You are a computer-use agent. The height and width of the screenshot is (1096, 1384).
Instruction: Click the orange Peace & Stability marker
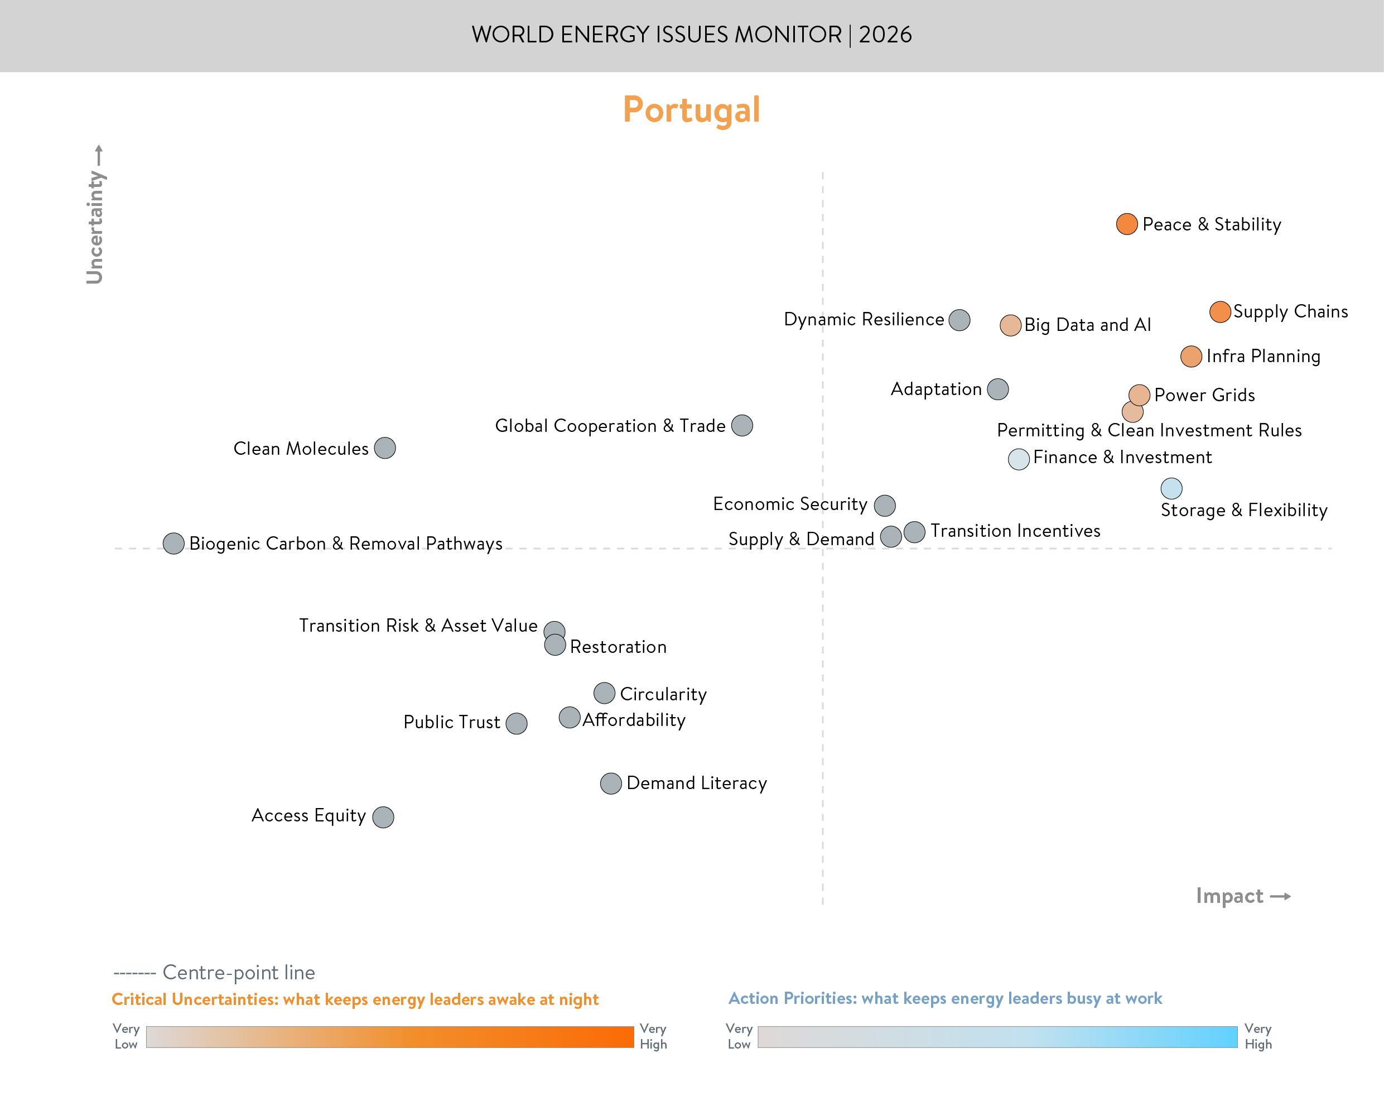point(1126,224)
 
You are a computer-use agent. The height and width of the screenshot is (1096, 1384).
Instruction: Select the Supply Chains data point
point(1220,312)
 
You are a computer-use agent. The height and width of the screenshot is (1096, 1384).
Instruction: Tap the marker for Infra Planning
point(1191,356)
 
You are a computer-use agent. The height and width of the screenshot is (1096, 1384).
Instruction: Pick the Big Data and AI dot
point(1010,325)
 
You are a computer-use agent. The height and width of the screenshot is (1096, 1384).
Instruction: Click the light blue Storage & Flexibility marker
point(1171,488)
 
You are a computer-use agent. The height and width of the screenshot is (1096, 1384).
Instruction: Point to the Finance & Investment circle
point(1019,459)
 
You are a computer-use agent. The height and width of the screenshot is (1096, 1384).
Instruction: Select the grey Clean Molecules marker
point(385,448)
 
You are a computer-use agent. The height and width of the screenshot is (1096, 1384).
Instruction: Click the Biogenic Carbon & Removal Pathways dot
point(173,544)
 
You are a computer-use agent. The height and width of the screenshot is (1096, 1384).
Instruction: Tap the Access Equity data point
point(383,817)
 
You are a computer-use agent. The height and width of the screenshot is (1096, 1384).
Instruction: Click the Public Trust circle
point(516,723)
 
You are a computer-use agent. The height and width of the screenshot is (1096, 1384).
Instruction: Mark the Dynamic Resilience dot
point(959,320)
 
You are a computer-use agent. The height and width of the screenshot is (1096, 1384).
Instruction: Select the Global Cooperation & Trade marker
point(742,425)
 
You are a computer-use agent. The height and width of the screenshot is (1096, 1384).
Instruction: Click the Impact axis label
point(1229,896)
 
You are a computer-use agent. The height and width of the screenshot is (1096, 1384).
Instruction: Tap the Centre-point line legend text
point(239,972)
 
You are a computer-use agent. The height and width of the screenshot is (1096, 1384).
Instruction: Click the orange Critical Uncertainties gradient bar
point(389,1037)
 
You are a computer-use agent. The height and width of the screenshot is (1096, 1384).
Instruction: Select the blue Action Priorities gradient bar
point(997,1037)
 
